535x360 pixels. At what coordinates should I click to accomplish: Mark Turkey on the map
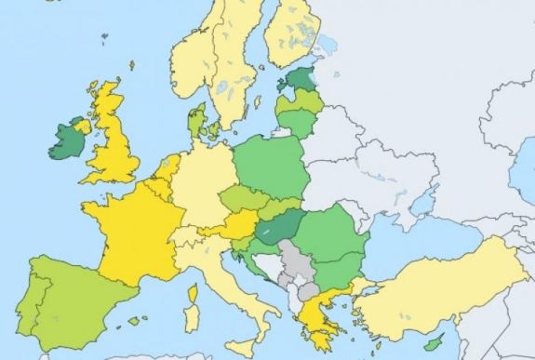[x=437, y=284]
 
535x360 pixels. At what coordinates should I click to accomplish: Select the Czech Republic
[x=237, y=199]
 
